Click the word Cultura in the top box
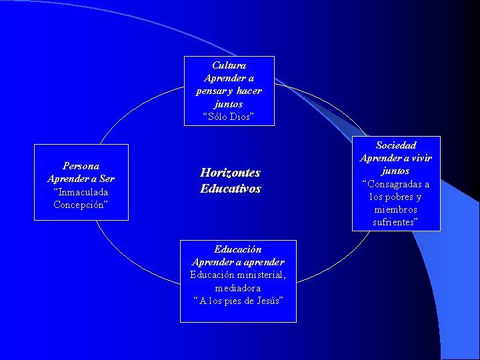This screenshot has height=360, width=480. pos(229,65)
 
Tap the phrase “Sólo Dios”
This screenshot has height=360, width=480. pos(229,117)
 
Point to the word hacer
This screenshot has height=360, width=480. pos(249,91)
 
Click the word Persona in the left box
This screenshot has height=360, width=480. pos(81,166)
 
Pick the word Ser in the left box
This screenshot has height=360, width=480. pos(107,179)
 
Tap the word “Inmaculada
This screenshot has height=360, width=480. pos(81,192)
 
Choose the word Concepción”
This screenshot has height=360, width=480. pos(81,205)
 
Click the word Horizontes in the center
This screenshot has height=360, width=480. pos(230,173)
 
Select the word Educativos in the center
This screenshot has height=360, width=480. pos(231,189)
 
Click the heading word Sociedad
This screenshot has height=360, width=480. pos(396,145)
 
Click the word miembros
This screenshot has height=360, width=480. pos(396,209)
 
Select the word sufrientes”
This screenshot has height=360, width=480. pos(396,222)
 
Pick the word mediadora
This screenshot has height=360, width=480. pos(238,288)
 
